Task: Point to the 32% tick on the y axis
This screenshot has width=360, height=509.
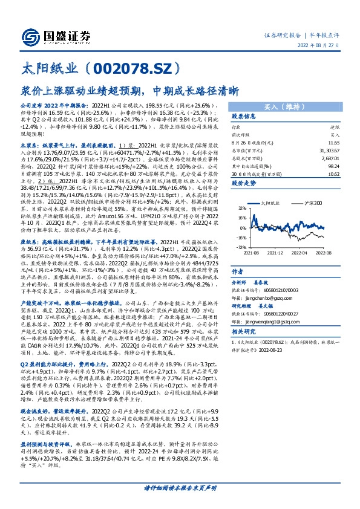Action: (x=242, y=210)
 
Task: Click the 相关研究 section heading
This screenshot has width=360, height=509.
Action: (x=246, y=332)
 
